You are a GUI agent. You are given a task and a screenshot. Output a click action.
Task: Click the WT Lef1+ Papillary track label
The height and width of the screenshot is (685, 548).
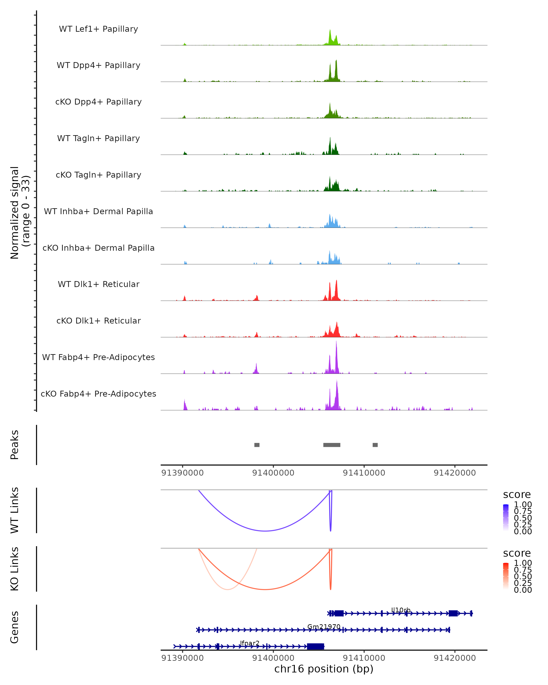(98, 29)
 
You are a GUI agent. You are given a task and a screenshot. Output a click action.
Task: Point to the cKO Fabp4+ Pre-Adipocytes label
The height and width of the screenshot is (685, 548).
(98, 394)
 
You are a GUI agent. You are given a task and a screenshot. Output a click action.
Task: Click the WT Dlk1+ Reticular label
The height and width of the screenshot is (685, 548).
(98, 284)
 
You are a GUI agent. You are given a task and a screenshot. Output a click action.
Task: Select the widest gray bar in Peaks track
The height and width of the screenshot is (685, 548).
(332, 445)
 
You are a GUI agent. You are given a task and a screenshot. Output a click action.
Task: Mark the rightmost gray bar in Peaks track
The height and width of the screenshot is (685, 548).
(375, 445)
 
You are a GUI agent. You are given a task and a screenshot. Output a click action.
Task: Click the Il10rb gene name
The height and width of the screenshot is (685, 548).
(400, 610)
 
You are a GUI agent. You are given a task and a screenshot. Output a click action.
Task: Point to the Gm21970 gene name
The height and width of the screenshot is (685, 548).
(324, 627)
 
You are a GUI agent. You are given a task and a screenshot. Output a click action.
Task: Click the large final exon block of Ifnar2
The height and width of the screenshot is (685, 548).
(316, 646)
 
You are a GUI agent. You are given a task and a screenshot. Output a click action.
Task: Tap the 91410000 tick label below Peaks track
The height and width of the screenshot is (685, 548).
(364, 473)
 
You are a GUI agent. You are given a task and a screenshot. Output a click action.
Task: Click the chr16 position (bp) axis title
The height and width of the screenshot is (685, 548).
(324, 669)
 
